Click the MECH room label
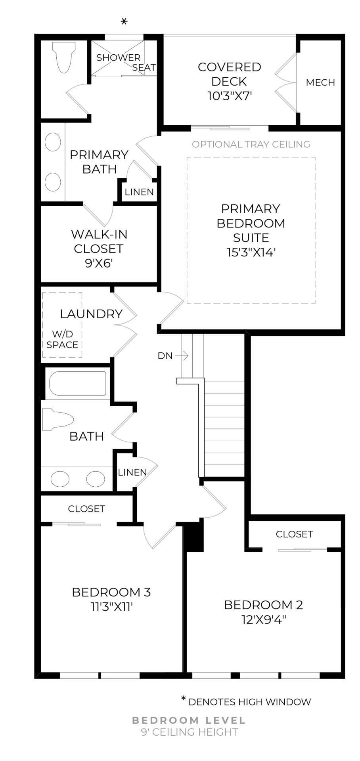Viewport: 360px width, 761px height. (320, 82)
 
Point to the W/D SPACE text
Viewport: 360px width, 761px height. (62, 340)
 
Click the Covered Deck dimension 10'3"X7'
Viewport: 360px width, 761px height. (230, 96)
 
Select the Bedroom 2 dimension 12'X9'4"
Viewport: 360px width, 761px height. (264, 620)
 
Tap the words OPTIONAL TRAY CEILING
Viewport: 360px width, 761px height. (251, 144)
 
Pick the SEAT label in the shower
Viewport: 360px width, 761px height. (144, 68)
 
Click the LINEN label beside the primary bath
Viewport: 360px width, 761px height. (139, 192)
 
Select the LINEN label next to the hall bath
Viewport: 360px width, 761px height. (132, 472)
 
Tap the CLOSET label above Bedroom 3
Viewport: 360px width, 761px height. (86, 509)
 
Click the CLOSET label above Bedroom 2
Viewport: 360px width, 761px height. (294, 534)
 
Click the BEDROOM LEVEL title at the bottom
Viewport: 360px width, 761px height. (189, 720)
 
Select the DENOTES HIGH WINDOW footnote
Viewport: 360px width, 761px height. (249, 702)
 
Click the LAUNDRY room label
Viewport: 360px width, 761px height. (91, 314)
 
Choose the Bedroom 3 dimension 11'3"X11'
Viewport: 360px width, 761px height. (111, 606)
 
